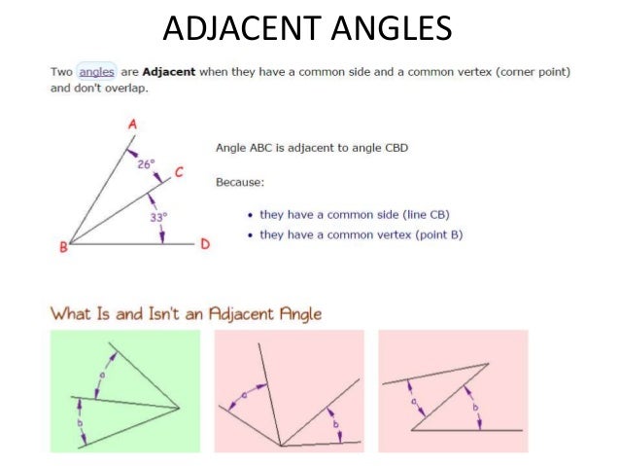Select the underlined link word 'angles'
[96, 71]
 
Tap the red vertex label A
[132, 125]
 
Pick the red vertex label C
[179, 173]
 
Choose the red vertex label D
[205, 244]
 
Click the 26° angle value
[146, 164]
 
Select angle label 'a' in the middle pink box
[243, 394]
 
